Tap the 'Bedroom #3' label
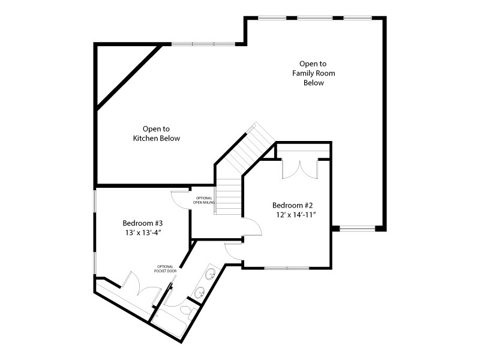click(x=143, y=222)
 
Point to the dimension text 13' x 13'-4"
click(x=143, y=233)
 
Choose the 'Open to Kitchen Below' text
click(x=156, y=133)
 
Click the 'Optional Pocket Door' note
click(x=165, y=269)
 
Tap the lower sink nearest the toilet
click(x=198, y=293)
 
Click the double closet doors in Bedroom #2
click(x=299, y=169)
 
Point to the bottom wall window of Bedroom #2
click(x=286, y=268)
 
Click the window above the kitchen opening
click(x=203, y=44)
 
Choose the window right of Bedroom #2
click(x=358, y=228)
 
